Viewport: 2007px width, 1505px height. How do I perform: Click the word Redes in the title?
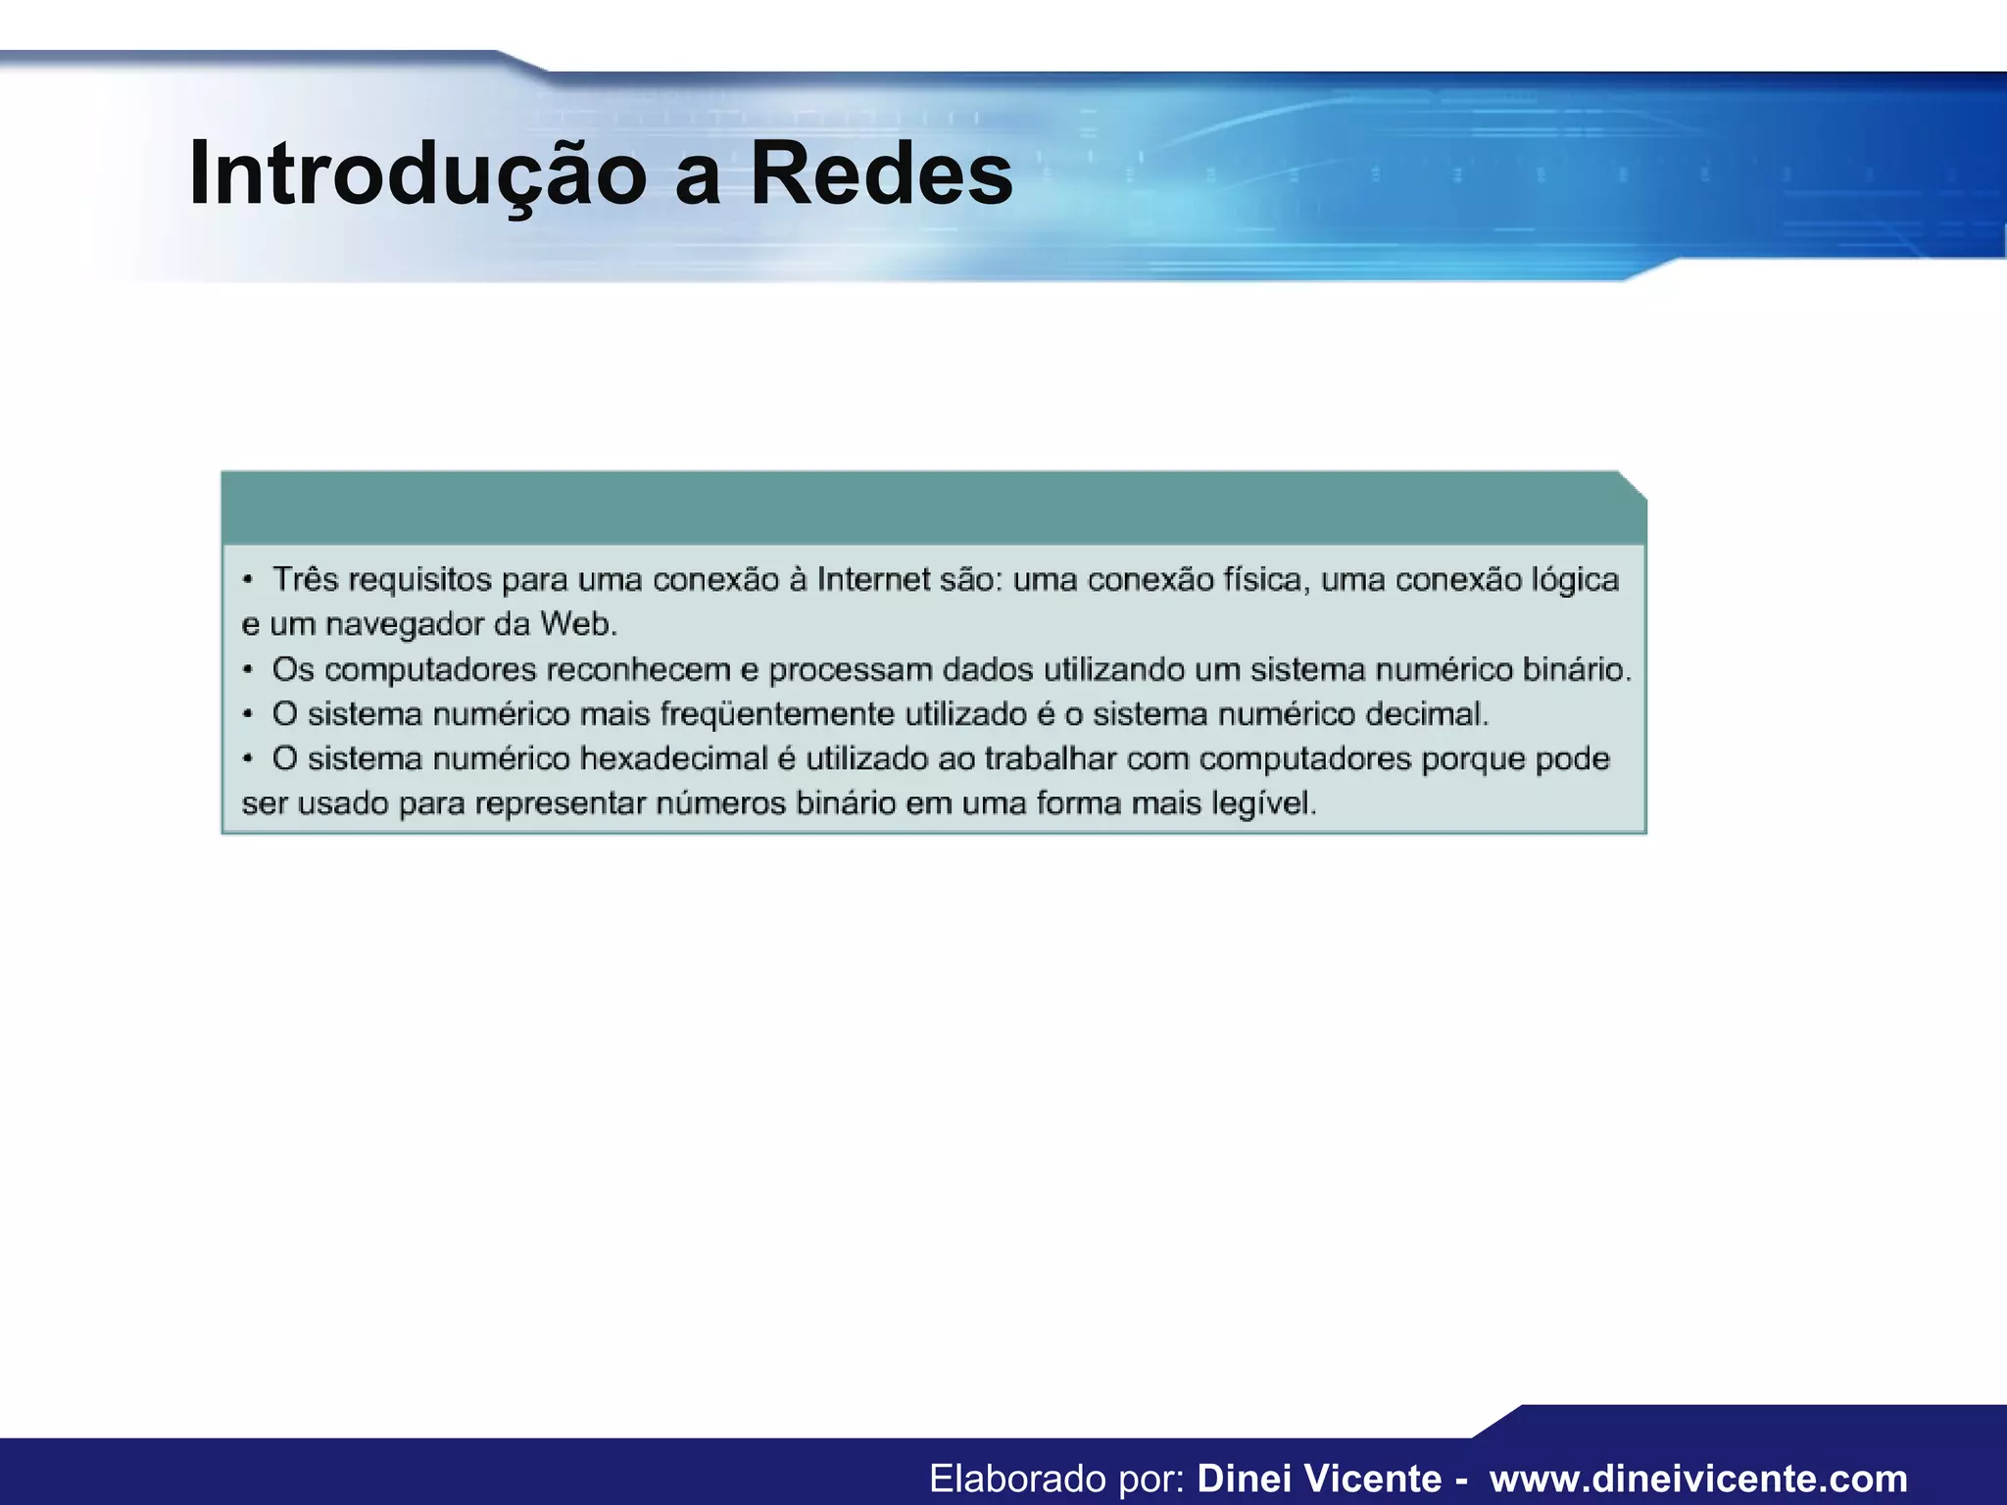pyautogui.click(x=881, y=174)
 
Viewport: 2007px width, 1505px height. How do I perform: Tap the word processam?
pyautogui.click(x=850, y=669)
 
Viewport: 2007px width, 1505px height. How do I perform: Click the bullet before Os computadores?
pyautogui.click(x=249, y=669)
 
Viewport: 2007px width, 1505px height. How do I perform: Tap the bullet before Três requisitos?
pyautogui.click(x=249, y=579)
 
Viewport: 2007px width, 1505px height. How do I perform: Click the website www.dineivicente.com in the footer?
pyautogui.click(x=1698, y=1479)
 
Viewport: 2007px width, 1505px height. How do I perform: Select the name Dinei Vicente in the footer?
pyautogui.click(x=1319, y=1479)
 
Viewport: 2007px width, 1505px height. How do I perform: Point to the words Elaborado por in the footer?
pyautogui.click(x=1057, y=1479)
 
